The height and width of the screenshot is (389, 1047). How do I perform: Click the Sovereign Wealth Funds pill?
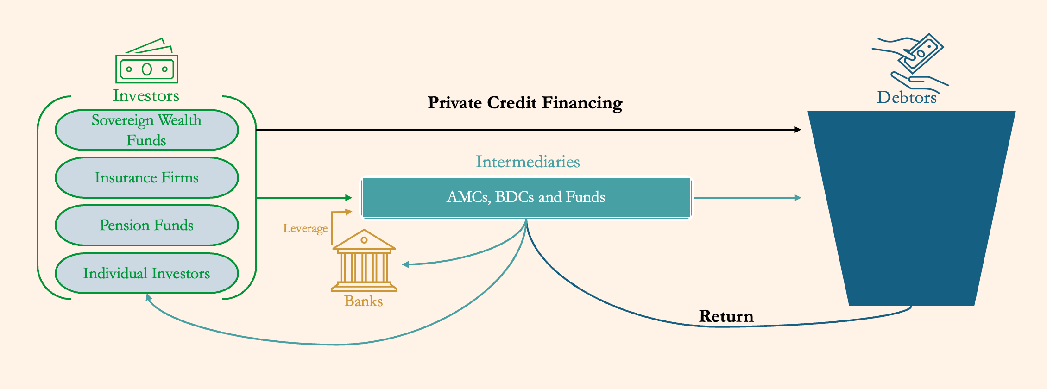coord(146,130)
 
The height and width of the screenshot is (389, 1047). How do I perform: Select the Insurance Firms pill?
coord(146,178)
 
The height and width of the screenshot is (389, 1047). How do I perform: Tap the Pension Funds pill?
coord(146,226)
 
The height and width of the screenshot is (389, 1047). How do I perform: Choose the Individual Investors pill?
coord(146,274)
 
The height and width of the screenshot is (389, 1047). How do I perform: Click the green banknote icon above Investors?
coord(147,62)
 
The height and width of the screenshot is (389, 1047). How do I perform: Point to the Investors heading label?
coord(146,96)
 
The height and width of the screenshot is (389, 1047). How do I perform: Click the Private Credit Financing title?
coord(525,103)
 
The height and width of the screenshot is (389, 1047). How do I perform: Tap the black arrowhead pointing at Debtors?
coord(797,130)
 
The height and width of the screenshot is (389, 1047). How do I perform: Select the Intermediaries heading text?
coord(528,162)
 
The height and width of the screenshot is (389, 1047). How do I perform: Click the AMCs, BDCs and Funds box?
coord(526,198)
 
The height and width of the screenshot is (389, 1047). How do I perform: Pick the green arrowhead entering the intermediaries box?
coord(349,198)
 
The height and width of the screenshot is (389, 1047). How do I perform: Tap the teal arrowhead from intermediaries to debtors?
coord(797,198)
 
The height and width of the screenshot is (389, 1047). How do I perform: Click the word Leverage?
coord(305,228)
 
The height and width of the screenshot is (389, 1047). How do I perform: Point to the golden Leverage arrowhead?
coord(349,212)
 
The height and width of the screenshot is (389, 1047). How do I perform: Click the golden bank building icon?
coord(364,261)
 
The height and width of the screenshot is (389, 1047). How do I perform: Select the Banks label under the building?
coord(364,301)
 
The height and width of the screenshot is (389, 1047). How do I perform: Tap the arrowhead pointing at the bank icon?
coord(405,264)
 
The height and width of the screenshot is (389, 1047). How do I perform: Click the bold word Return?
coord(726,316)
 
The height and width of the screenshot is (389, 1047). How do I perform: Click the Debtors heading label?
coord(907,98)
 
